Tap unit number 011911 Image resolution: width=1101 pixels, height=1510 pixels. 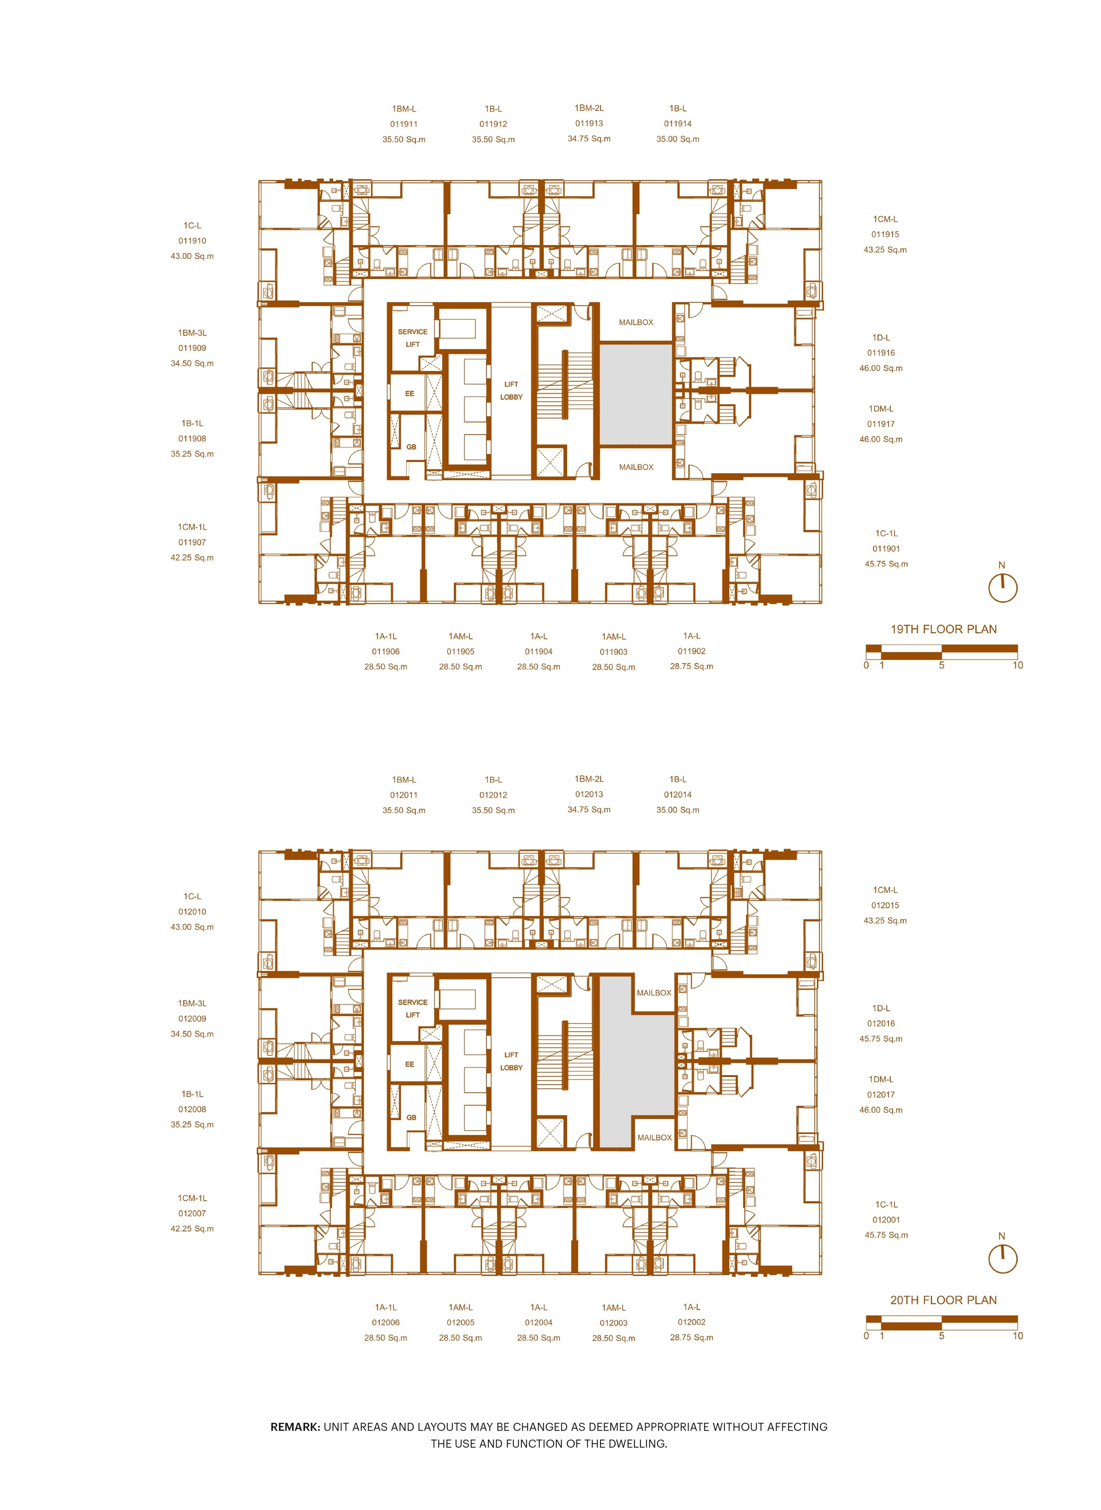click(x=404, y=124)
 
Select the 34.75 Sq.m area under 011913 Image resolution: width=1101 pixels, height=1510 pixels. click(x=589, y=139)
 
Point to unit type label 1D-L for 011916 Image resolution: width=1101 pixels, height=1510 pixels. click(x=881, y=338)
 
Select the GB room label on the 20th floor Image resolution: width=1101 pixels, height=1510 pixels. click(x=411, y=1118)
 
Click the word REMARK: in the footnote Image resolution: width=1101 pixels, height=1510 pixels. click(x=295, y=1427)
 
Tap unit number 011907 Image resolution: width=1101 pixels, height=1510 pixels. click(x=192, y=542)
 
